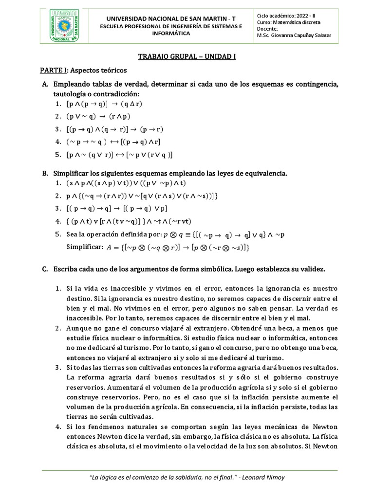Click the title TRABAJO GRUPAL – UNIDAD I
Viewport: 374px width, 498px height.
point(187,56)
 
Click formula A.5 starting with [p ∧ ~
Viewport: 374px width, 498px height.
point(120,155)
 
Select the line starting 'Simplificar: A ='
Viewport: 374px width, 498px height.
point(158,248)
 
